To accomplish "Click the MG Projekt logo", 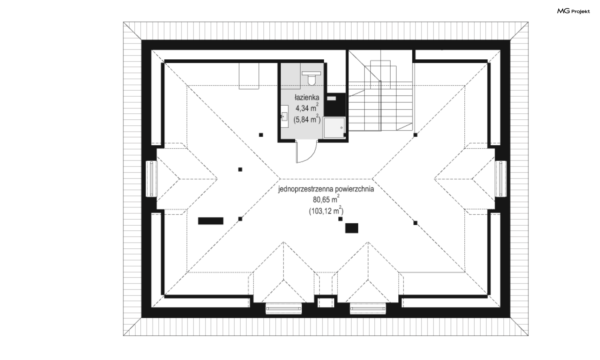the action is (573, 11).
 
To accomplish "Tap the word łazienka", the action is (307, 97).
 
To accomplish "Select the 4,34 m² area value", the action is (307, 108).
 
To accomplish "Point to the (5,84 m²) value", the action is (307, 119).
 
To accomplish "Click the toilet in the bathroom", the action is (312, 77).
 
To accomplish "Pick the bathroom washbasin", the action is (284, 117).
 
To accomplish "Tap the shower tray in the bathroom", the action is (334, 127).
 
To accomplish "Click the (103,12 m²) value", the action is (326, 211).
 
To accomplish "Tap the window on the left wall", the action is (152, 179).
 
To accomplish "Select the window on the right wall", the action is (501, 179).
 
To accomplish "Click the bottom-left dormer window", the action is (284, 308).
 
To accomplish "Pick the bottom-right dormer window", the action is (368, 308).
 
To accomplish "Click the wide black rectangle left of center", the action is (211, 221).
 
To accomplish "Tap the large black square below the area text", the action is (352, 228).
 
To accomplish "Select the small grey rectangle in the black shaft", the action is (332, 98).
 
